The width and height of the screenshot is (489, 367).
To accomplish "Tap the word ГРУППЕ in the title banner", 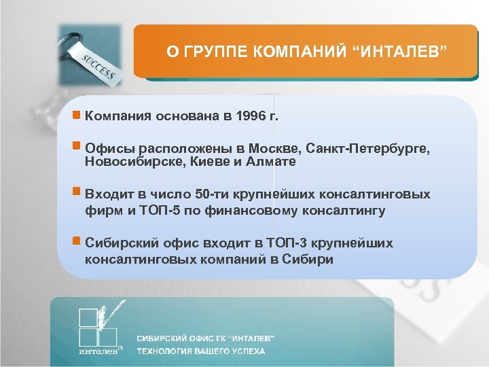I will pos(212,52).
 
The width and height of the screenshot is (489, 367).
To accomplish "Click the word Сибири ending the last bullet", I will pos(312,259).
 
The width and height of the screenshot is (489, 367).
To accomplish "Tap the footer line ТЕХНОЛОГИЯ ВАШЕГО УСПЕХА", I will pos(201,351).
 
